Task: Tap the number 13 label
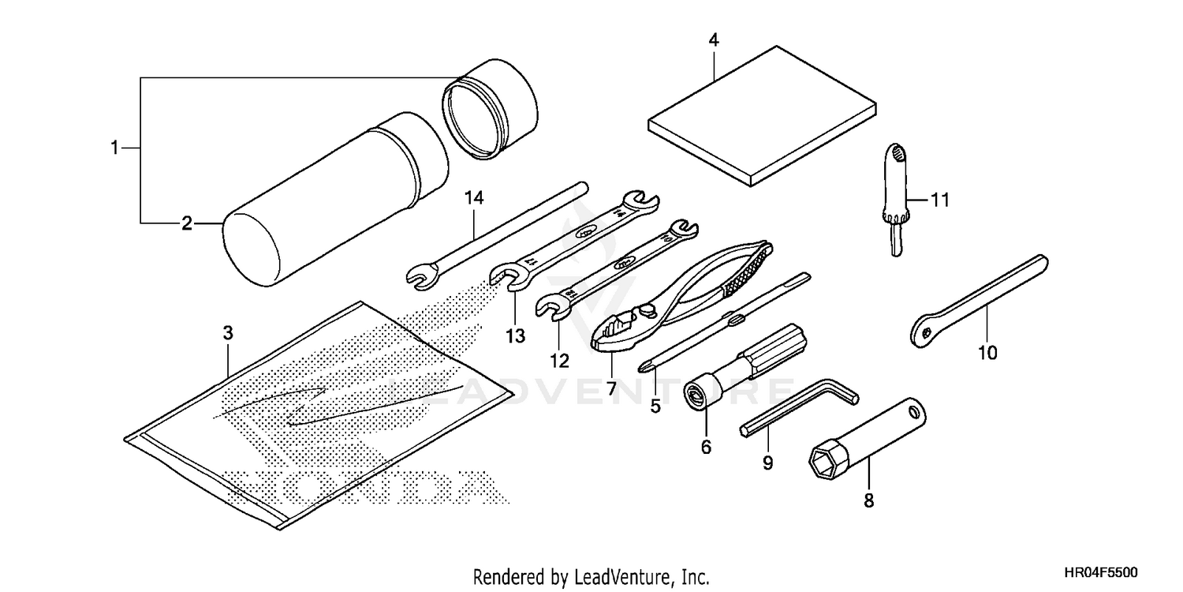(x=515, y=337)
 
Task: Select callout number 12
(x=559, y=361)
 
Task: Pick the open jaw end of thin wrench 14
(x=420, y=276)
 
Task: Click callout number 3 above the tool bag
(x=228, y=333)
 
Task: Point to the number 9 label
(x=767, y=463)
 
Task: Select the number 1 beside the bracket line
(x=114, y=147)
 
